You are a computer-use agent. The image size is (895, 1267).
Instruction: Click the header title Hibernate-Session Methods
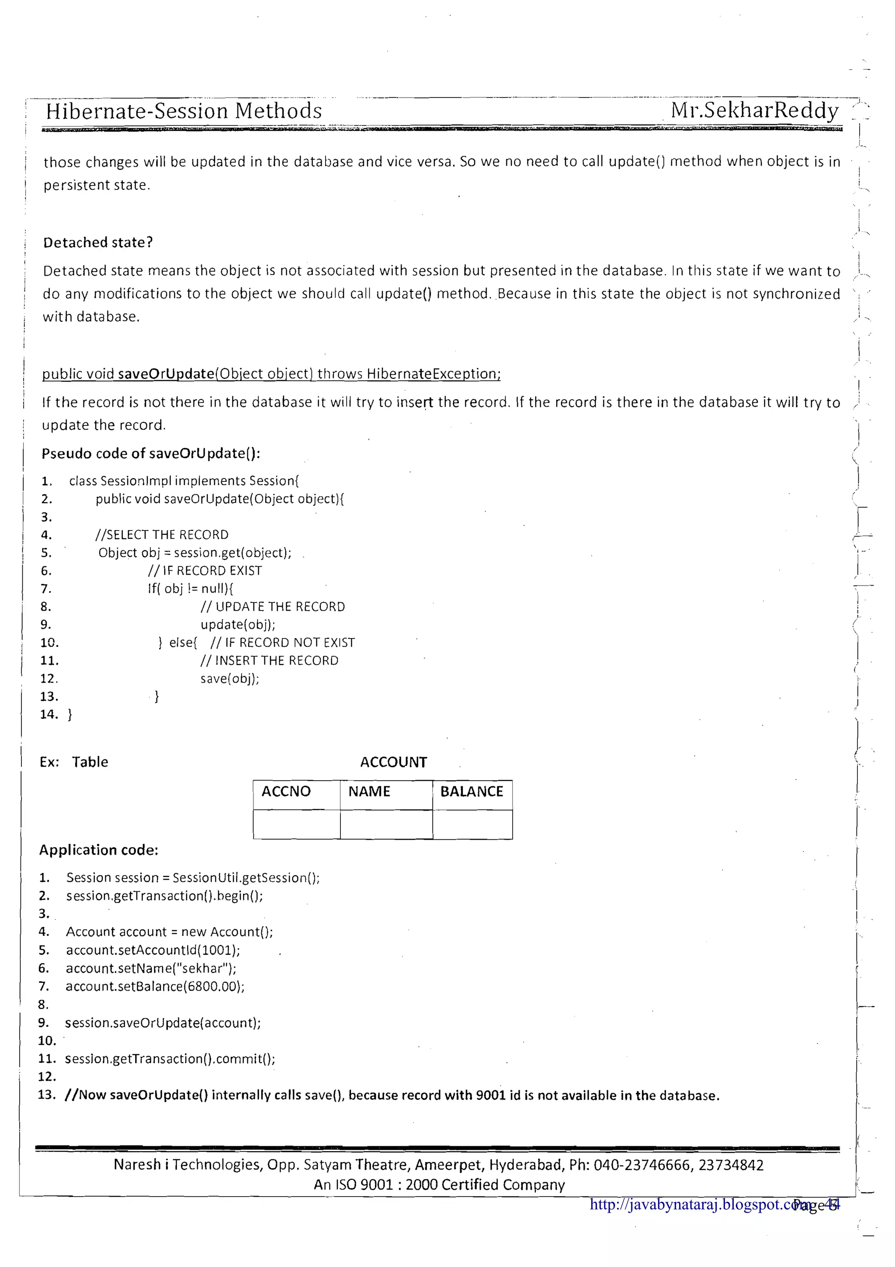184,111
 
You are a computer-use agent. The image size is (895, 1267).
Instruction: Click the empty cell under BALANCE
472,824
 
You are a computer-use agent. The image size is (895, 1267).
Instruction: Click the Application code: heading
99,850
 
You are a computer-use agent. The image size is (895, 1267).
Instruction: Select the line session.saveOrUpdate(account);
163,1023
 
